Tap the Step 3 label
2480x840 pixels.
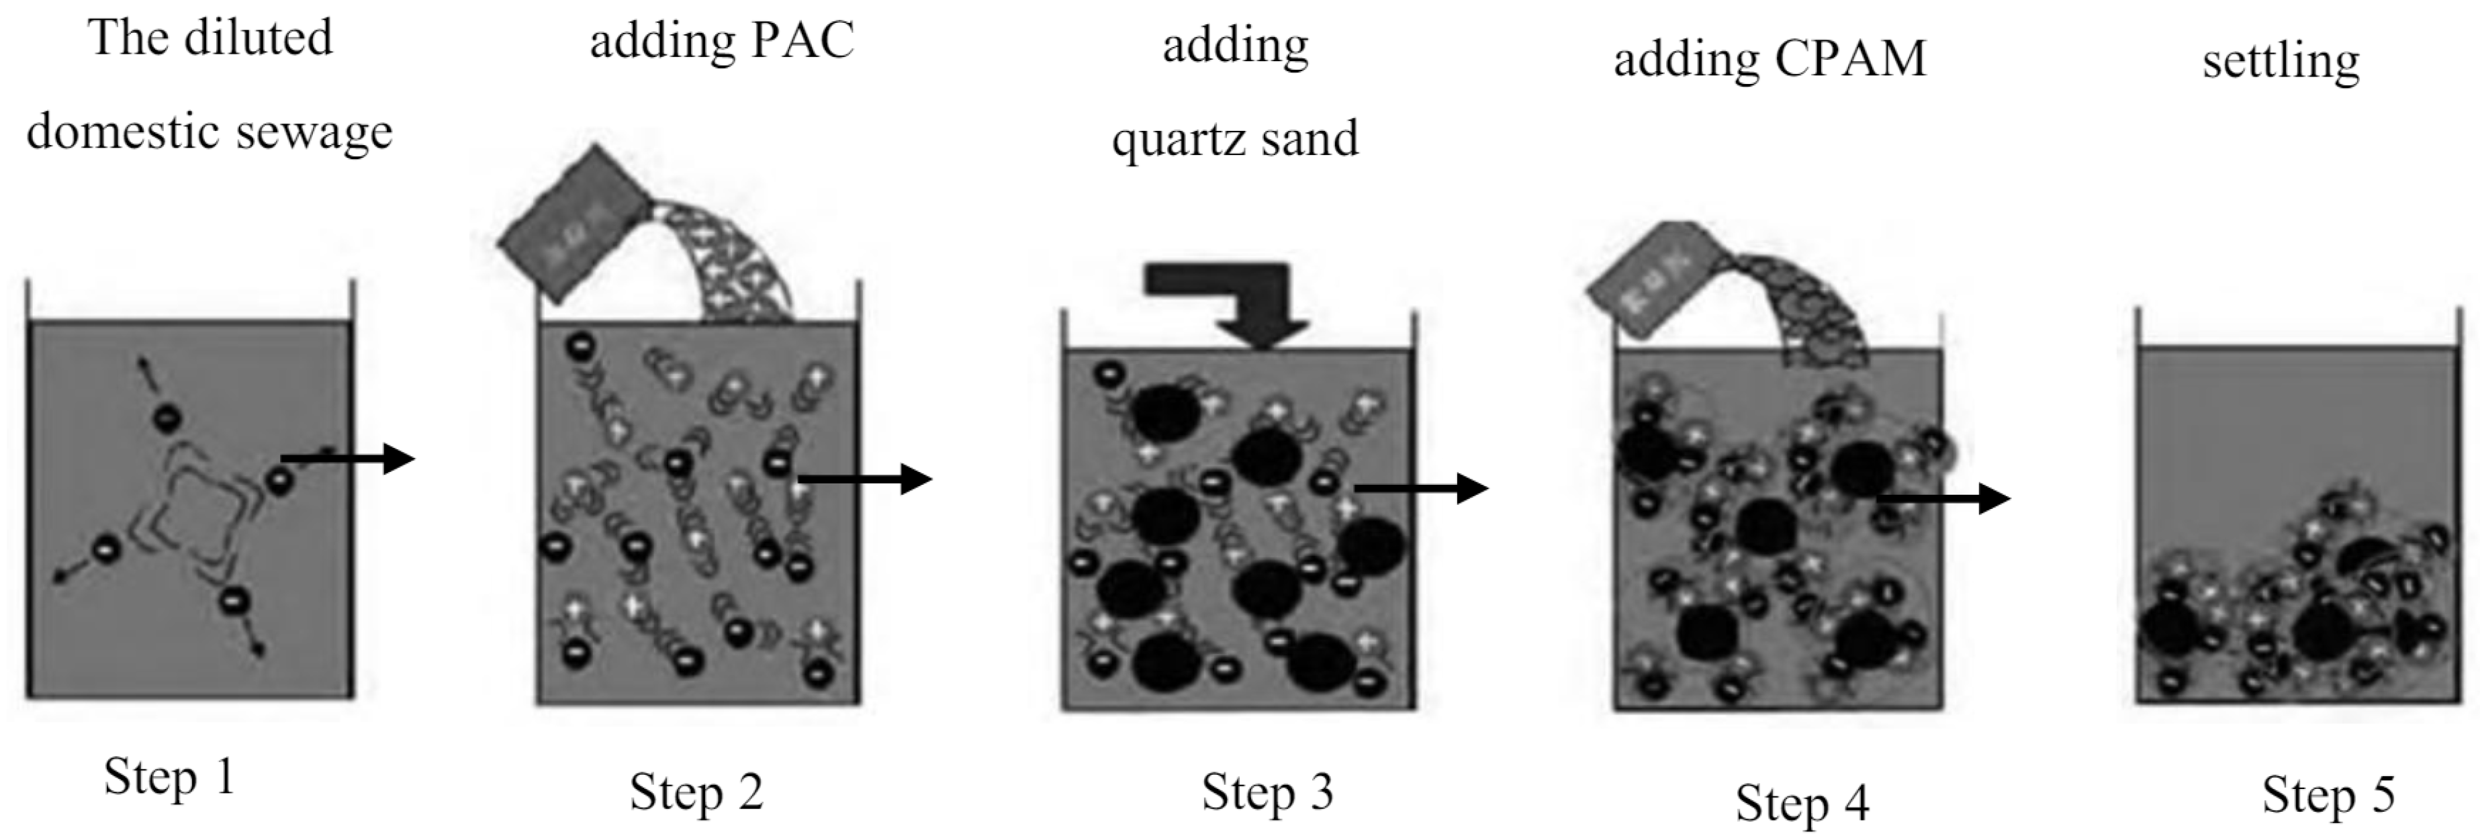[x=1267, y=792]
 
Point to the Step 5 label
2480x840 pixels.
[x=2328, y=795]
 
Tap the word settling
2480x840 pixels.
[x=2281, y=62]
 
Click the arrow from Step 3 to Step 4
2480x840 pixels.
[x=1421, y=489]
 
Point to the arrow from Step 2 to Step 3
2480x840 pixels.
[x=864, y=477]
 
